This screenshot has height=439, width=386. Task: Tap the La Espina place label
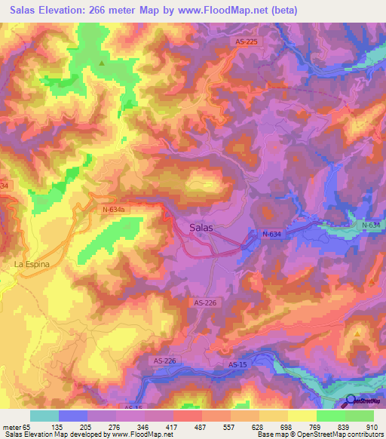[30, 265]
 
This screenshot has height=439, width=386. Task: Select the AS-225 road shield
[247, 42]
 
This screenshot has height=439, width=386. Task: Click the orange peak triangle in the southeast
[357, 332]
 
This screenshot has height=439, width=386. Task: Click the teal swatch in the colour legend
[44, 416]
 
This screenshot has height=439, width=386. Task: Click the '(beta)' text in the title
[285, 11]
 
